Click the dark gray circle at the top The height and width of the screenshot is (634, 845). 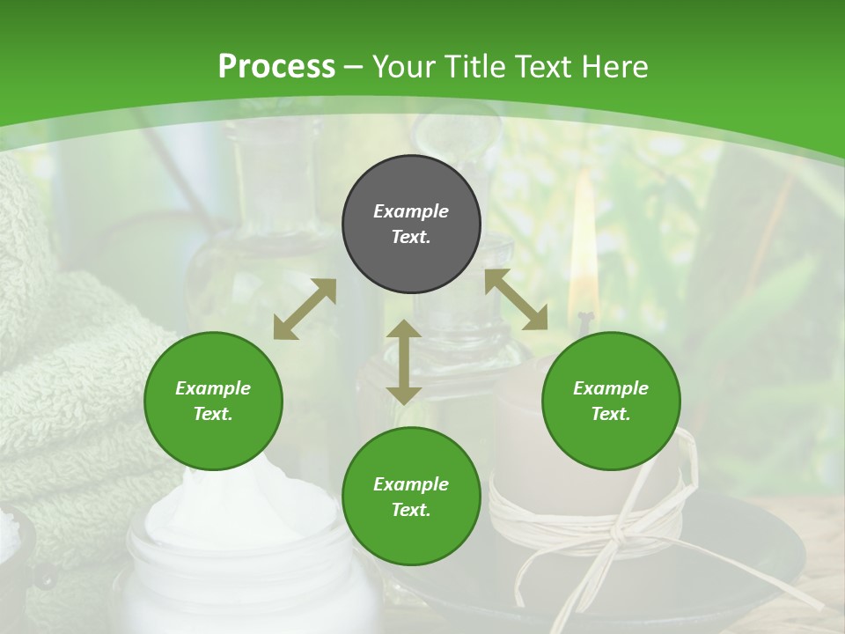pyautogui.click(x=411, y=225)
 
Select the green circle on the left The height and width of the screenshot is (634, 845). pyautogui.click(x=213, y=402)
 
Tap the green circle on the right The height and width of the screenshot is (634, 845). pyautogui.click(x=611, y=402)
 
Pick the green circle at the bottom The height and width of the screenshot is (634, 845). pyautogui.click(x=411, y=497)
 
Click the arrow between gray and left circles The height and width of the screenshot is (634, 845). pyautogui.click(x=305, y=309)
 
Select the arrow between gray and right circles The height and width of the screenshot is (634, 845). pyautogui.click(x=516, y=299)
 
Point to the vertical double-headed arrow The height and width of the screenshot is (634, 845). pyautogui.click(x=404, y=362)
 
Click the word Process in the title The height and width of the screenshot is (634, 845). pyautogui.click(x=276, y=67)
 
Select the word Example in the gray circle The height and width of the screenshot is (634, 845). pyautogui.click(x=411, y=211)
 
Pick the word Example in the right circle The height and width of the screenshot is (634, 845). pyautogui.click(x=611, y=388)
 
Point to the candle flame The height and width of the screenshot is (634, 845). pyautogui.click(x=582, y=255)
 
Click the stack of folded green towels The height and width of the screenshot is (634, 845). pyautogui.click(x=62, y=370)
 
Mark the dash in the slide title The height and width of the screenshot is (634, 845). pyautogui.click(x=354, y=67)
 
